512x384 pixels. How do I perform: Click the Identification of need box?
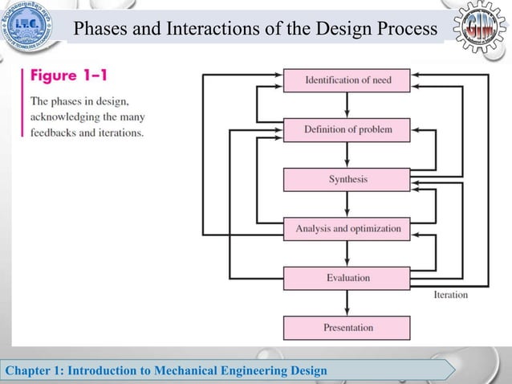point(347,80)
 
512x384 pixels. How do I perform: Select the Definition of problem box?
point(347,129)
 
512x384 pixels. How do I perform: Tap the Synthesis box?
point(347,179)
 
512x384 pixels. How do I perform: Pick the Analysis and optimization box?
point(347,229)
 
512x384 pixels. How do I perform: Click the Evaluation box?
point(347,278)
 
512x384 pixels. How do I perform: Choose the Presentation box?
point(347,328)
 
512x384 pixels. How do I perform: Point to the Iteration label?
point(450,295)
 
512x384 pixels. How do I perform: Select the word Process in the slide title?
point(409,31)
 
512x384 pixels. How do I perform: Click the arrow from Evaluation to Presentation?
point(347,303)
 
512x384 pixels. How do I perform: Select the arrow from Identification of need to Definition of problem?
point(347,104)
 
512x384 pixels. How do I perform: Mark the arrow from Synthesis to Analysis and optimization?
point(347,204)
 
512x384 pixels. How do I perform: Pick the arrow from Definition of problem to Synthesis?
point(347,154)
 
